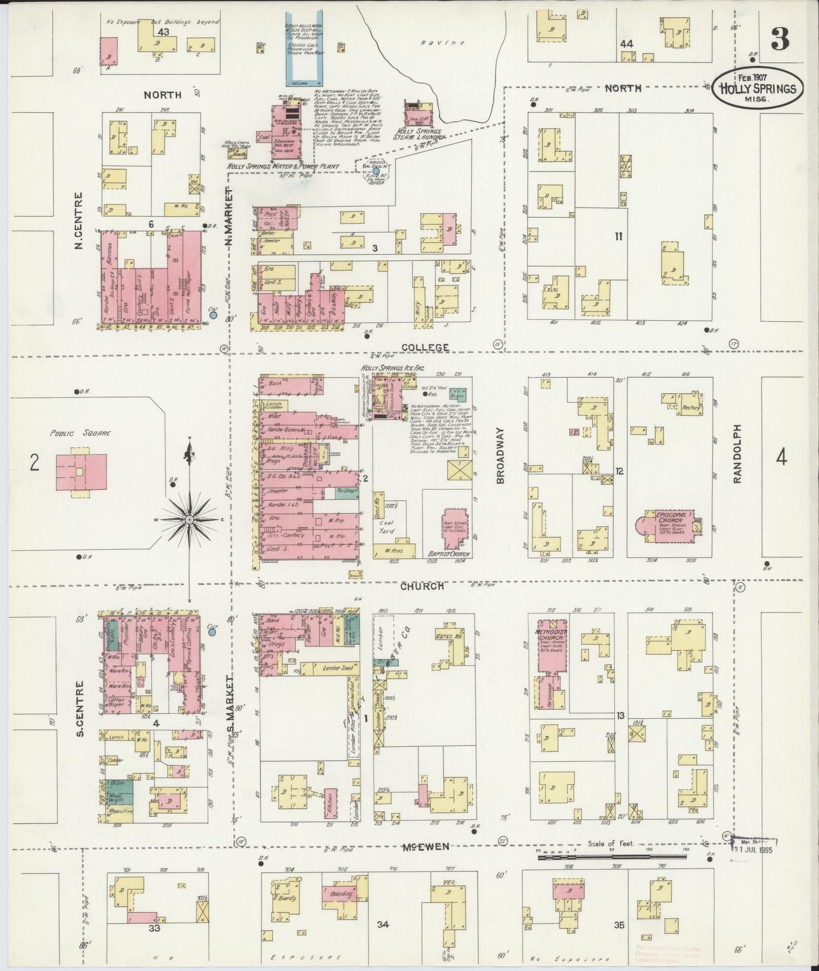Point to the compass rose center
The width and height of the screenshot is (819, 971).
pyautogui.click(x=190, y=518)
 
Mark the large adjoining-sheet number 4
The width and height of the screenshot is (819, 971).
pyautogui.click(x=782, y=457)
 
